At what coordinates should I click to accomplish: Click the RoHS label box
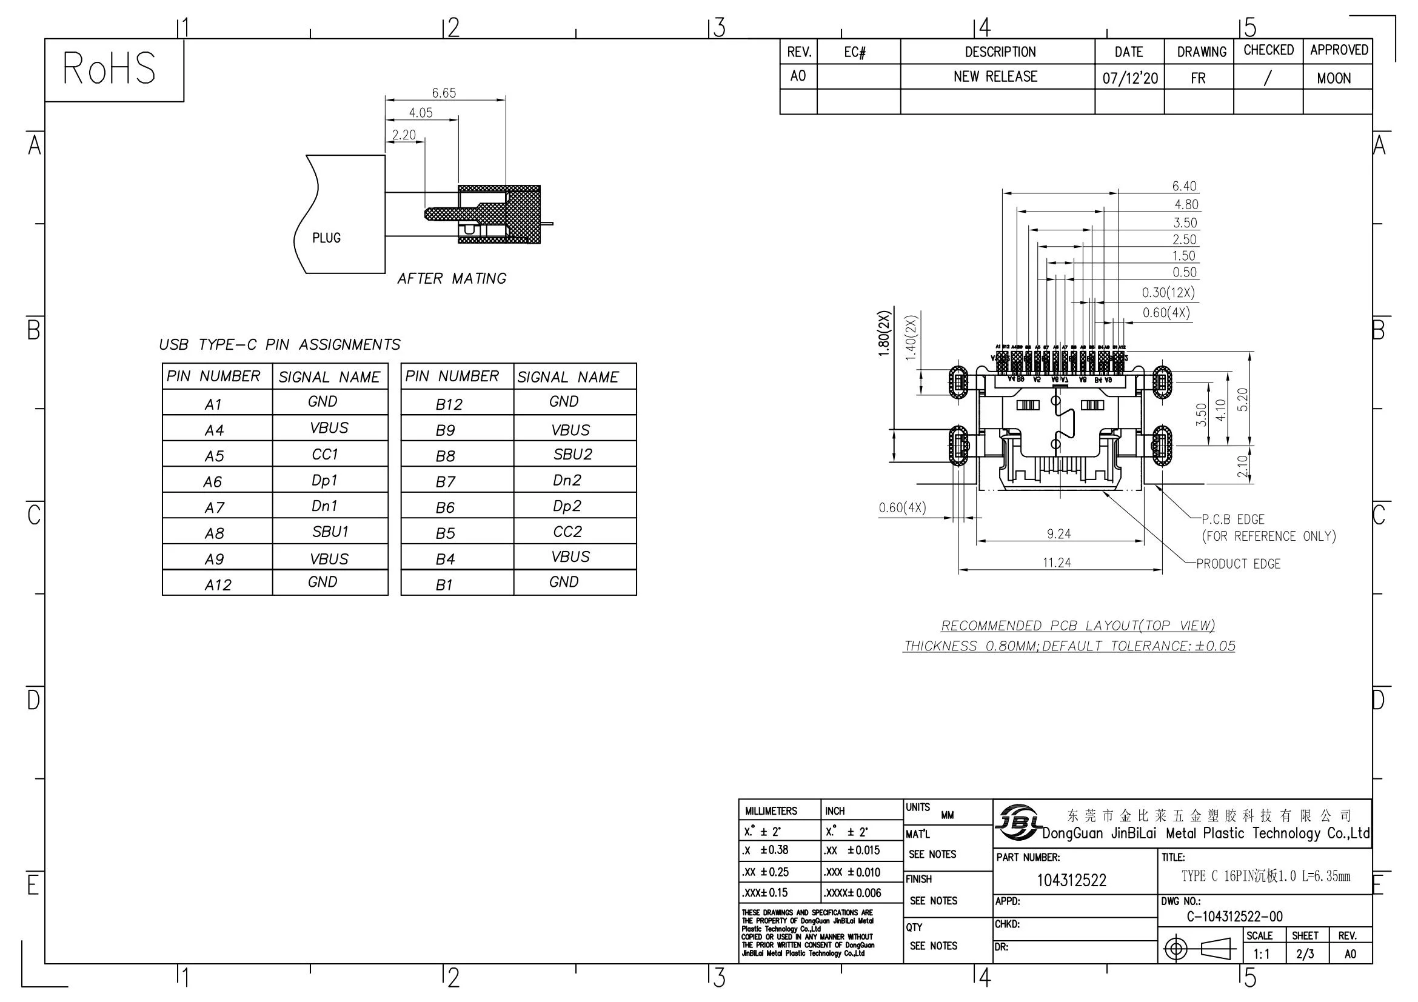(110, 69)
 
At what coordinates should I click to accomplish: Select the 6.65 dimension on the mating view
(443, 93)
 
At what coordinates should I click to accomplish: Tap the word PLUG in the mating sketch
(326, 238)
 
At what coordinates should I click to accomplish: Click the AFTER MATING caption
(452, 279)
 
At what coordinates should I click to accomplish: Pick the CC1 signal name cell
(325, 455)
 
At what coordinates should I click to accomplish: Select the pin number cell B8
(446, 456)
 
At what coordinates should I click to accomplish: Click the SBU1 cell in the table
(330, 532)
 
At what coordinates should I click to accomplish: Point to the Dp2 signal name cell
(567, 506)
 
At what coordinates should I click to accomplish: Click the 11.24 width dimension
(1057, 563)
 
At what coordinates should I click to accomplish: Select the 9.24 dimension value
(1058, 534)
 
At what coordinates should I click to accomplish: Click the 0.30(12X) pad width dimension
(1168, 293)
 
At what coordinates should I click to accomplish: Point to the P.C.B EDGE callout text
(1232, 520)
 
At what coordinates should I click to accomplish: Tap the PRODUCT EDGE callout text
(1239, 564)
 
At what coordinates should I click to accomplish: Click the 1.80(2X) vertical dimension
(885, 333)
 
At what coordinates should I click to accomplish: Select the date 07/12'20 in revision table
(1129, 78)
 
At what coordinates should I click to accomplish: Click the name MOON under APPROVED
(1333, 78)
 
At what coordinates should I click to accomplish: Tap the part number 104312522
(1071, 880)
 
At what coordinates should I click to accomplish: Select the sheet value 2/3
(1305, 954)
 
